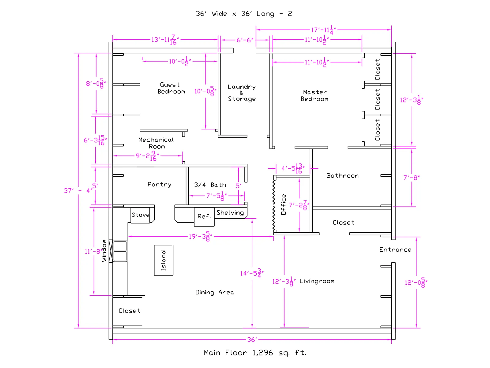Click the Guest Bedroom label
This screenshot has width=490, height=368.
[x=171, y=88]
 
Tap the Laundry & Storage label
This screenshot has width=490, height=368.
[x=242, y=93]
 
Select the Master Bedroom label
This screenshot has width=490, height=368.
[x=315, y=95]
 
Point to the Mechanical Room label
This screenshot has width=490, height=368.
[x=156, y=143]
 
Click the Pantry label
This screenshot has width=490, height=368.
[x=159, y=184]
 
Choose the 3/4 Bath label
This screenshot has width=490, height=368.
[x=210, y=185]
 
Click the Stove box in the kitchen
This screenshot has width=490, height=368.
[x=140, y=215]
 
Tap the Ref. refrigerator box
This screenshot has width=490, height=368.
[x=204, y=217]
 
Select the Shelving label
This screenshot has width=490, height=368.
[x=230, y=213]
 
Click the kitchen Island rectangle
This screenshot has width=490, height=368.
[x=164, y=260]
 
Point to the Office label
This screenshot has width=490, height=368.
[x=284, y=204]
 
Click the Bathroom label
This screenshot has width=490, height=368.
[x=343, y=176]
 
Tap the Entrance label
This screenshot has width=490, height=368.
[x=395, y=250]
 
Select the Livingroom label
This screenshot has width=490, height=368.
[x=317, y=281]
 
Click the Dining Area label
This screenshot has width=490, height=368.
[x=215, y=292]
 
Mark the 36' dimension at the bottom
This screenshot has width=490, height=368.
[x=252, y=339]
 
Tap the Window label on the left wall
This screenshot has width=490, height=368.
[x=104, y=251]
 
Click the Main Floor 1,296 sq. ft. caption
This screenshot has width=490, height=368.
[x=255, y=353]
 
